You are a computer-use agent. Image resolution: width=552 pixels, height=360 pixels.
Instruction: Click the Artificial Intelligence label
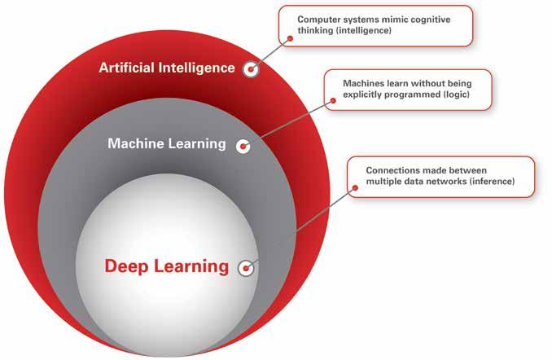click(167, 68)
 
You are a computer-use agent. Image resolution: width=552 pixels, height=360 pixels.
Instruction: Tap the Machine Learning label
click(167, 144)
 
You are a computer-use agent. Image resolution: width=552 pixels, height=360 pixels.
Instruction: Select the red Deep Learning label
click(167, 266)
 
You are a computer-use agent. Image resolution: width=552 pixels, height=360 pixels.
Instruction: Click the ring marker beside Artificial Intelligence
click(252, 69)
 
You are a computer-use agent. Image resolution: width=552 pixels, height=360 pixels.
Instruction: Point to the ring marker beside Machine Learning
click(242, 146)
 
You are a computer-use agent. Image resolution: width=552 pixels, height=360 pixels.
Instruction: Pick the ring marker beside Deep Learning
click(245, 267)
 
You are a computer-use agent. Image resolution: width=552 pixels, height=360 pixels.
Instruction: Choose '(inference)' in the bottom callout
click(486, 181)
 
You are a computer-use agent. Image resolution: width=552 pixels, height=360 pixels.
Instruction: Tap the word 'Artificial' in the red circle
click(128, 68)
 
